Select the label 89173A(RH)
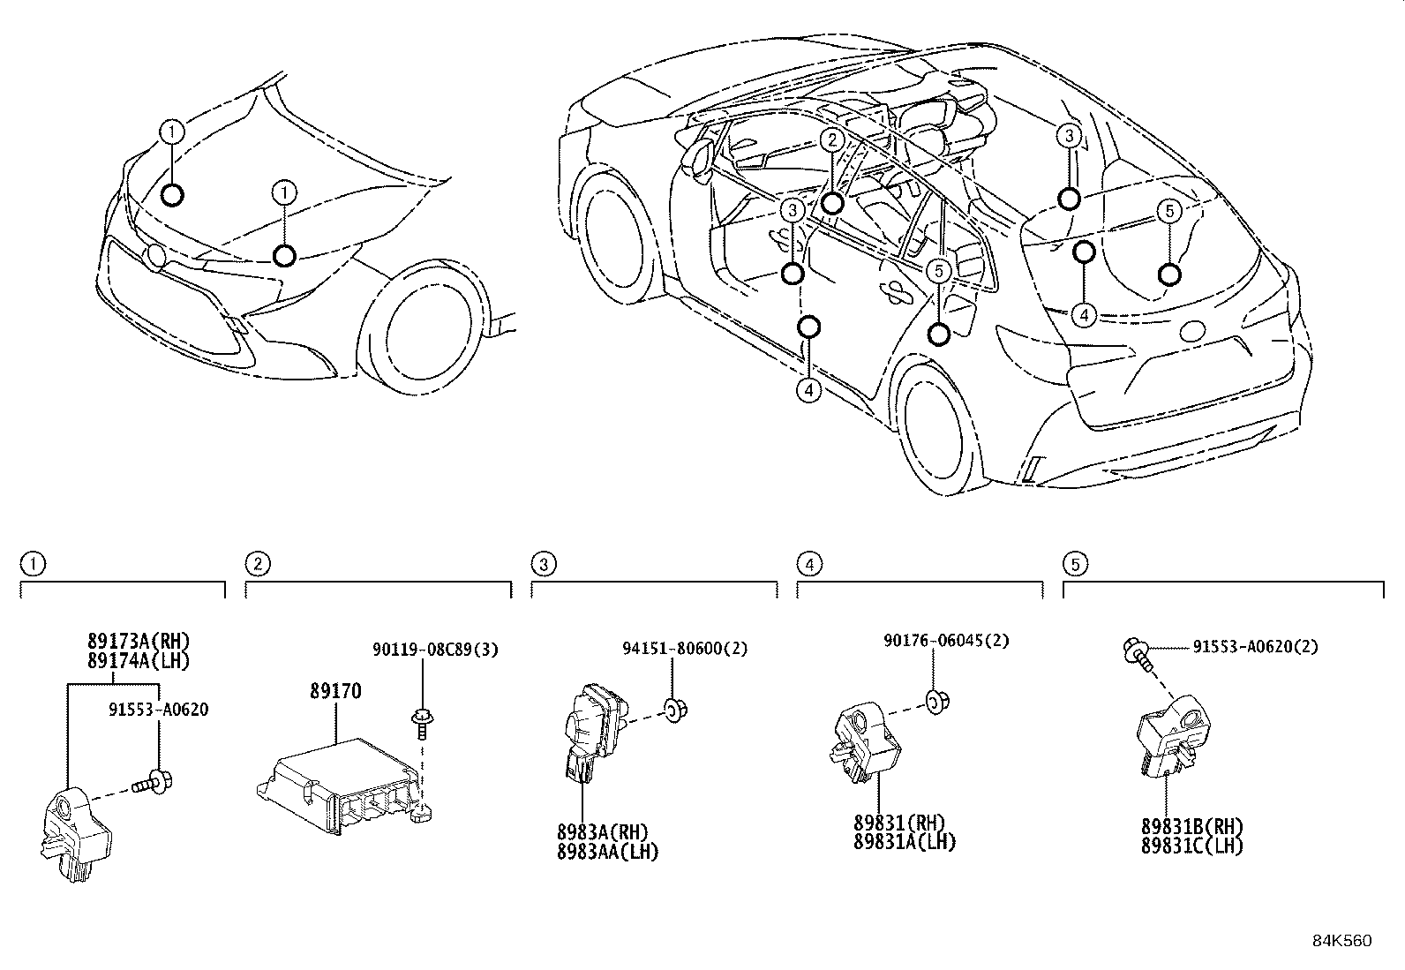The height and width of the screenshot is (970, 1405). pos(139,642)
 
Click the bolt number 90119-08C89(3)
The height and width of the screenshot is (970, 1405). pos(435,650)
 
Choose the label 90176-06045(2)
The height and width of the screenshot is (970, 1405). pos(943,642)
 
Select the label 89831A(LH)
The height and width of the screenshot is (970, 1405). pos(905,842)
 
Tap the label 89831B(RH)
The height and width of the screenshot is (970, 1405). pos(1191,827)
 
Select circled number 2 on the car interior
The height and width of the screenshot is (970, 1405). pos(831,139)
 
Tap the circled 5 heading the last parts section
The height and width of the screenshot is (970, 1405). pos(1073,563)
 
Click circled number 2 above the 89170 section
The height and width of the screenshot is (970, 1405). pos(255,563)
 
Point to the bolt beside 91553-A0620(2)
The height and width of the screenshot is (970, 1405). pos(1138,653)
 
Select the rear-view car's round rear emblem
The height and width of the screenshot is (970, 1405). pos(1192,332)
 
